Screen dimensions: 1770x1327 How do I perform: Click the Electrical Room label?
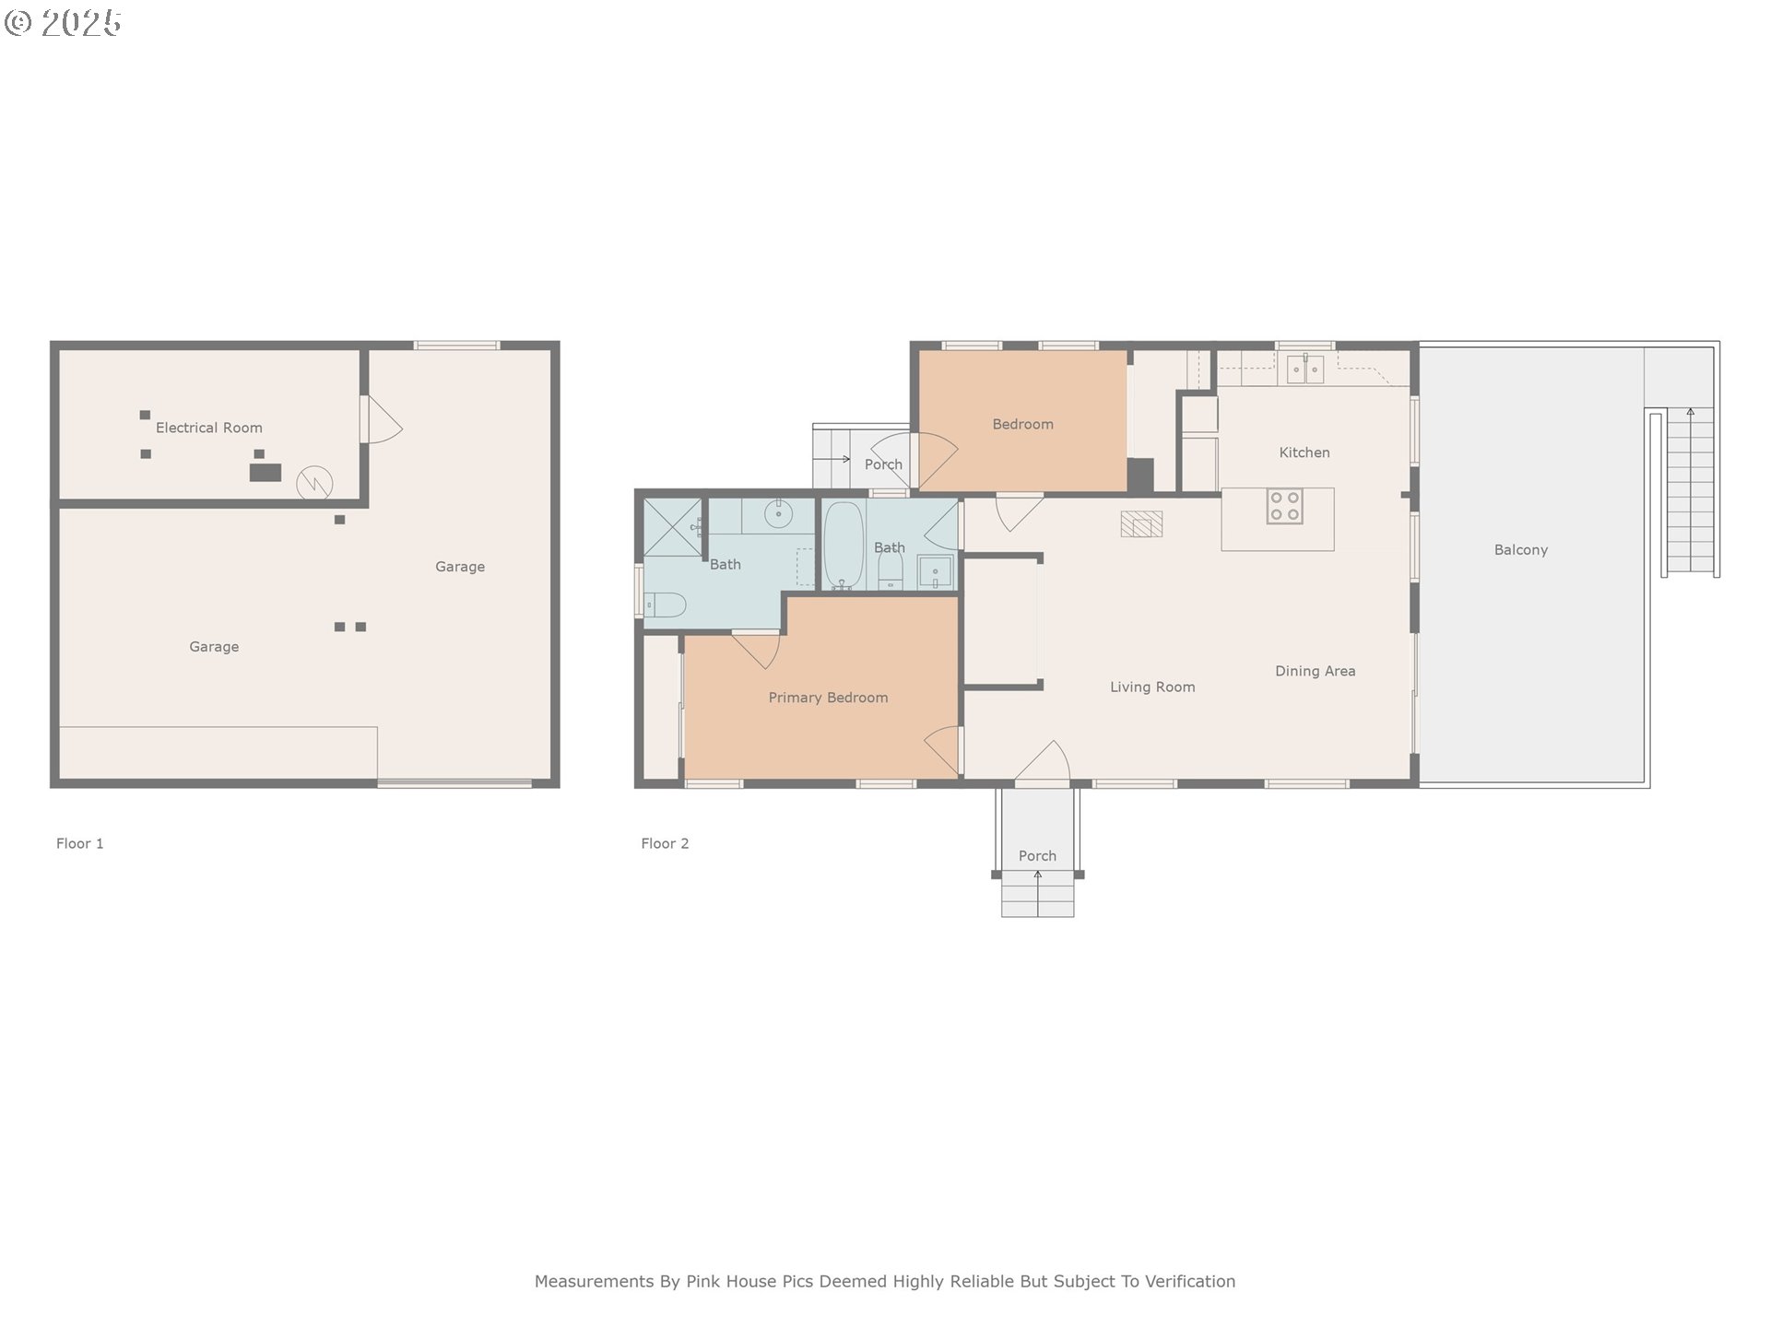tap(209, 428)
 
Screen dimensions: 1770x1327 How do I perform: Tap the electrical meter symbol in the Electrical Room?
tap(314, 483)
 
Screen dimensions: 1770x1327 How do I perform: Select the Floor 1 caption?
tap(80, 843)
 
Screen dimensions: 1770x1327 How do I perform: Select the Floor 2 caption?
tap(665, 843)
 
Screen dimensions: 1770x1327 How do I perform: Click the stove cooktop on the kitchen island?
tap(1284, 506)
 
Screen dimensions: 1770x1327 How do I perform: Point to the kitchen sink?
tap(1305, 370)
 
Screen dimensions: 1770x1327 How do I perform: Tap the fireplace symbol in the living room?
tap(1141, 523)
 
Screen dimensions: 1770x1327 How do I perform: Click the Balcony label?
tap(1521, 550)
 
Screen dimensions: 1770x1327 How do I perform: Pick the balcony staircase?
tap(1690, 492)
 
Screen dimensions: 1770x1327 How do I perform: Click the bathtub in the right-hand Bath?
tap(843, 546)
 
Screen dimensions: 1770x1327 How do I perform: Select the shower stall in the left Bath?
tap(672, 527)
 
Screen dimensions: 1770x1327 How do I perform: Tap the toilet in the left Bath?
tap(665, 605)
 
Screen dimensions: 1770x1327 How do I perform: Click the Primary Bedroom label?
tap(828, 698)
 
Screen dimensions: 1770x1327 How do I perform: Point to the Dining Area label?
tap(1315, 671)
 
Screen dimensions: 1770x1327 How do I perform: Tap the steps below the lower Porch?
tap(1038, 894)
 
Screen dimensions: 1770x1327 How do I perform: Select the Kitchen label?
tap(1304, 452)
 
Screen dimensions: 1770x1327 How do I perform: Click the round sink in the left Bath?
tap(778, 513)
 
